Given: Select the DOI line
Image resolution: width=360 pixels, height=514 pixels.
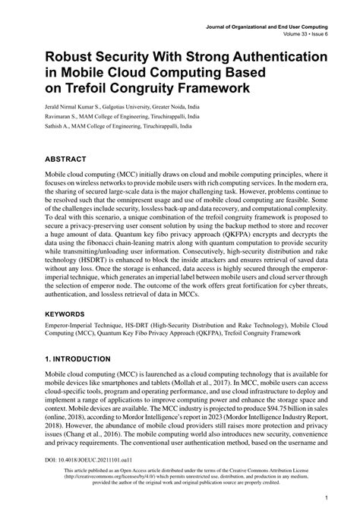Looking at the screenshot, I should pyautogui.click(x=79, y=460).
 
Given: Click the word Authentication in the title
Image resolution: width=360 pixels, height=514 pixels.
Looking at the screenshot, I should pyautogui.click(x=255, y=57).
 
